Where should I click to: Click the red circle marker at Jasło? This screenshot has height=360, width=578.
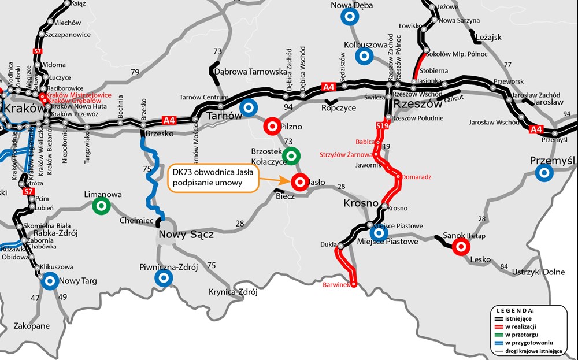[299, 182]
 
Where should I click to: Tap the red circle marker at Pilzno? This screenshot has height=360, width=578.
[271, 126]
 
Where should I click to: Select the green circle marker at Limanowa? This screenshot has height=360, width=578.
[102, 205]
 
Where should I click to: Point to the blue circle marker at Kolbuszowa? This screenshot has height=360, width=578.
[364, 55]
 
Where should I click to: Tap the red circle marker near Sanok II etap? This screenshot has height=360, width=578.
[461, 247]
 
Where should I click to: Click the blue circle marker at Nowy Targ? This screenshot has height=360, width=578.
[50, 281]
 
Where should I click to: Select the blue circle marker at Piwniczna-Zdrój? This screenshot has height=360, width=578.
[164, 279]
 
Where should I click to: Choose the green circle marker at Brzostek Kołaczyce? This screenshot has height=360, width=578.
[291, 154]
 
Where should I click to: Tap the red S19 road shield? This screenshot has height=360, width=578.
[381, 125]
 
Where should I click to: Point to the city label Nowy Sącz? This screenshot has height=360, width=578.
[187, 235]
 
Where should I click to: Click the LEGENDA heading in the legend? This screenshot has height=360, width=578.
[527, 310]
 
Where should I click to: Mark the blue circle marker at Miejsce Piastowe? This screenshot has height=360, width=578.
[379, 232]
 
